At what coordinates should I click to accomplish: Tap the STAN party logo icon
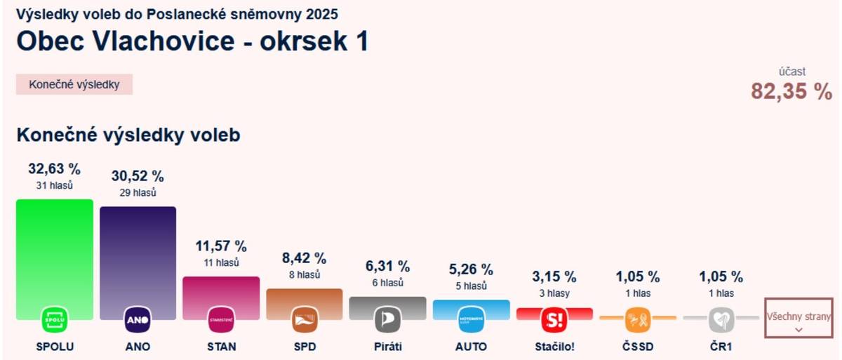221,320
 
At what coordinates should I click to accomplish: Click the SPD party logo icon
305,320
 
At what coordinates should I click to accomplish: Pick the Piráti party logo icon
388,320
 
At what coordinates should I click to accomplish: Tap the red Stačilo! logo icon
554,320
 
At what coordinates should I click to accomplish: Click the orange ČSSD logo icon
638,320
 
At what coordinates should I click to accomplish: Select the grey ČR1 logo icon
721,320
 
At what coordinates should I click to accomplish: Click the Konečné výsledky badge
74,85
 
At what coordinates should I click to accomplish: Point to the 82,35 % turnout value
791,91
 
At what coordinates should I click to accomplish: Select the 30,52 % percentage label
138,176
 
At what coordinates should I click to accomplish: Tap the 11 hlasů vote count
221,263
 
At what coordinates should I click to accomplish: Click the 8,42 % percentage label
305,258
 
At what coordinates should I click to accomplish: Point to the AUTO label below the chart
471,347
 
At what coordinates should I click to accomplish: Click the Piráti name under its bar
388,347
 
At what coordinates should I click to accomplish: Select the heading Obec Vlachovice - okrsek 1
192,41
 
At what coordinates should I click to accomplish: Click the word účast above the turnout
792,72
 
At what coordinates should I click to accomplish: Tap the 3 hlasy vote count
554,293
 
